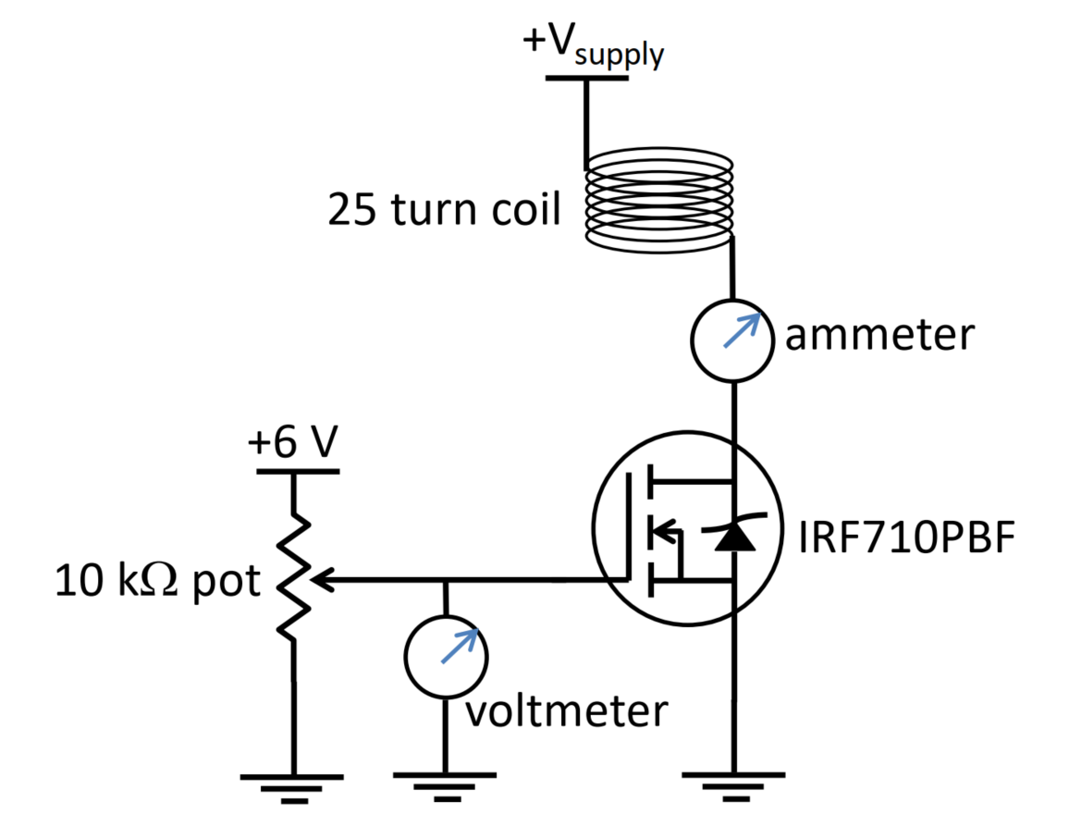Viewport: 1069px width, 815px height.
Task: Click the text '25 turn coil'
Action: tap(444, 212)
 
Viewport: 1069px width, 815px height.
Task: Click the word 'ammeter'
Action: tap(879, 335)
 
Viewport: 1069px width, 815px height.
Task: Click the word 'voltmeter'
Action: tap(565, 711)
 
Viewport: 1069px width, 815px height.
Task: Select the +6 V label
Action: tap(291, 444)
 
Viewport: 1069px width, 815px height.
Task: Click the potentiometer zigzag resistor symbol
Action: tap(293, 578)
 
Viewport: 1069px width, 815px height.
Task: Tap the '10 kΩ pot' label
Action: tap(158, 582)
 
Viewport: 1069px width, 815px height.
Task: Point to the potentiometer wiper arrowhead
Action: tap(320, 581)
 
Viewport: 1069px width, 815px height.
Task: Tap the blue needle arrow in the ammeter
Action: tap(743, 330)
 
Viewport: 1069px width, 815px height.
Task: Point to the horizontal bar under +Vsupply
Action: tap(585, 78)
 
